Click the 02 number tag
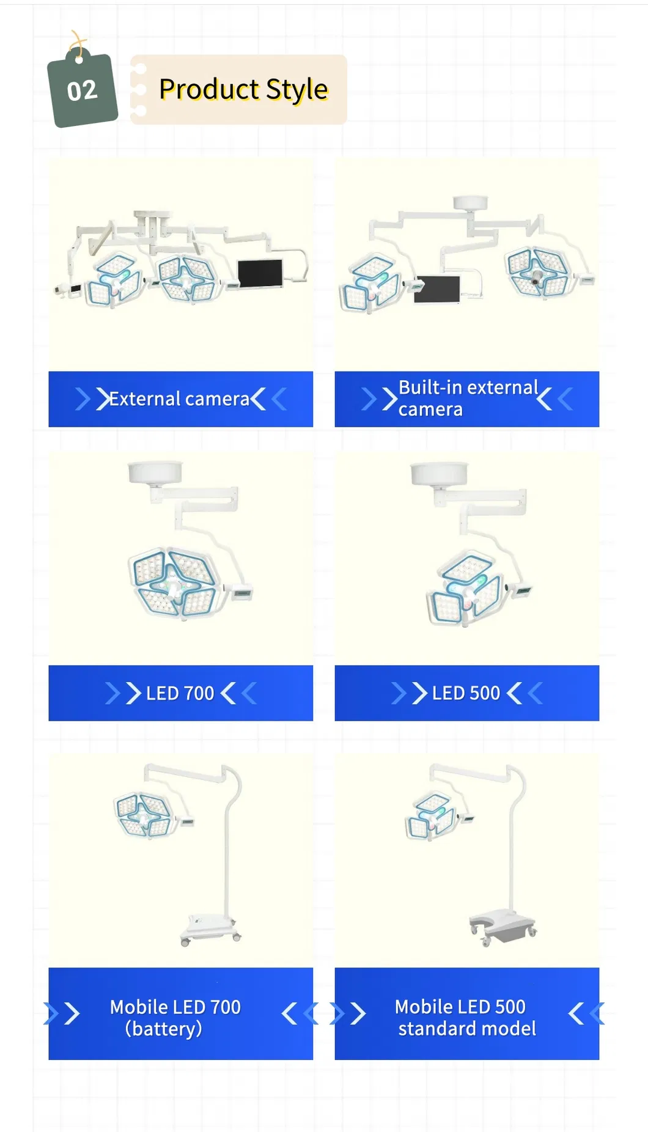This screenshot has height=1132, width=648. coord(83,90)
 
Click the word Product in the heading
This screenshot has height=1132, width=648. coord(209,89)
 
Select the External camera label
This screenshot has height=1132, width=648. coord(179,399)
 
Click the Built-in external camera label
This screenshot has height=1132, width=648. coord(468,399)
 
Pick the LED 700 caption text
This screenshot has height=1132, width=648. coord(180,693)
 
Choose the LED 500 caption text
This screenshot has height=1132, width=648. coord(466,693)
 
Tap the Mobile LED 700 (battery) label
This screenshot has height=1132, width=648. coord(175,1018)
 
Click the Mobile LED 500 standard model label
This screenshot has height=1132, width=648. coord(466,1018)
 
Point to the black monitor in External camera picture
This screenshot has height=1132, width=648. coord(260,273)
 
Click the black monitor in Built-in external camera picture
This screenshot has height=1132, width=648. coord(436,289)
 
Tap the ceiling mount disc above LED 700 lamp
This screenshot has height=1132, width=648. coord(155,472)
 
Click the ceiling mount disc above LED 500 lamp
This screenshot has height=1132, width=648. coord(439,474)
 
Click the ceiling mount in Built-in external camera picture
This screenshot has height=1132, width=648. coord(469,203)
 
